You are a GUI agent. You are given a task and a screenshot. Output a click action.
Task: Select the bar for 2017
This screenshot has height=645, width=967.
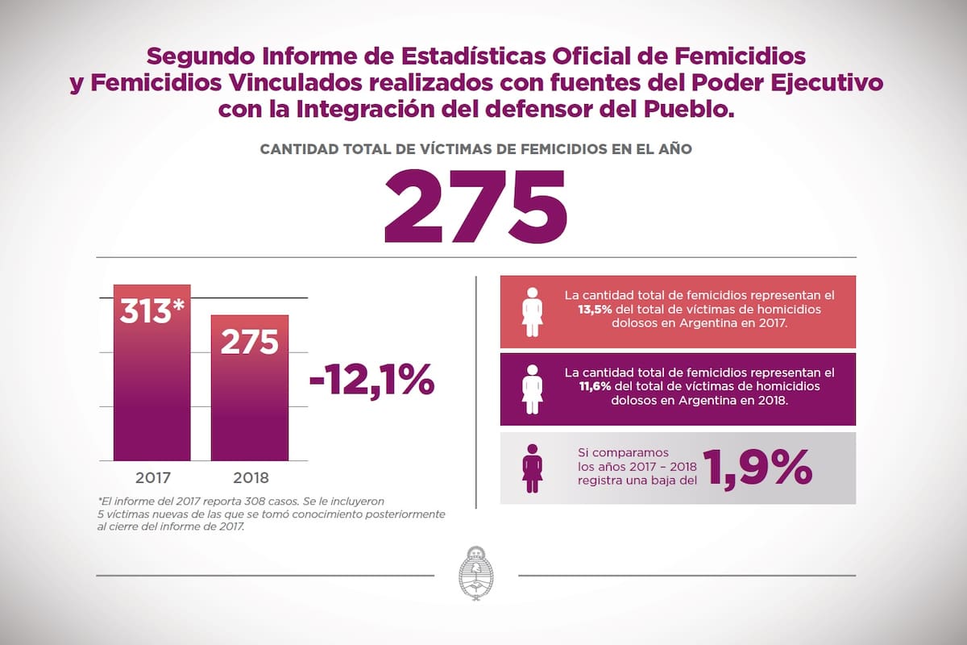click(151, 387)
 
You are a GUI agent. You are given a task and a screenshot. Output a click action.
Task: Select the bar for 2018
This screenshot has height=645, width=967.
click(249, 403)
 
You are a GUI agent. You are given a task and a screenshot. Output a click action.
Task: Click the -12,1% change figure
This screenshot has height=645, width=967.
click(371, 380)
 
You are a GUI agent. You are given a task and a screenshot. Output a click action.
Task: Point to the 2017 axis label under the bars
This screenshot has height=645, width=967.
click(151, 476)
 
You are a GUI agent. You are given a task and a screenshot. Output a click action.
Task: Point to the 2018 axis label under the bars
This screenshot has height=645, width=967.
click(249, 476)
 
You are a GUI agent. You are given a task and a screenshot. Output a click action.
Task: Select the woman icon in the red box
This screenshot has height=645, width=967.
click(532, 311)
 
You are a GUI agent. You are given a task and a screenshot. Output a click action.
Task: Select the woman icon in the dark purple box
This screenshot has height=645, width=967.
click(532, 389)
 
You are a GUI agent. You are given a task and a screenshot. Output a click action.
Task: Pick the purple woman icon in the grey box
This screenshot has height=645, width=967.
click(532, 468)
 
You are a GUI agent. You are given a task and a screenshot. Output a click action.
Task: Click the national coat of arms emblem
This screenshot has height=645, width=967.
click(475, 573)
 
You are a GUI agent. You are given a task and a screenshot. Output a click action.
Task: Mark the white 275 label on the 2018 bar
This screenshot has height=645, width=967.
click(249, 342)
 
